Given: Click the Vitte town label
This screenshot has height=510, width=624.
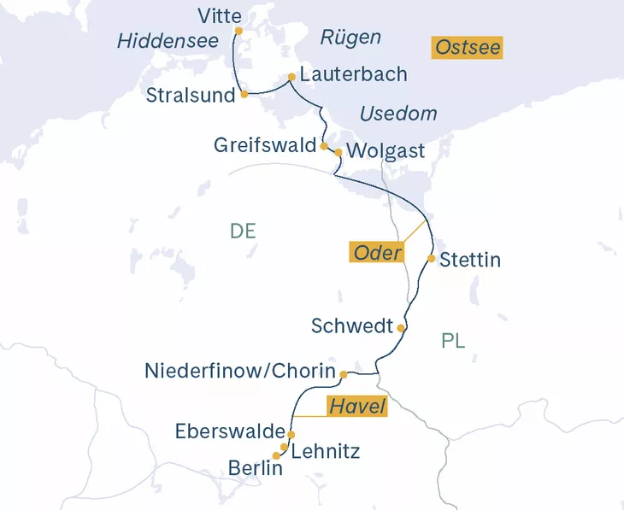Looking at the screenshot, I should (220, 15).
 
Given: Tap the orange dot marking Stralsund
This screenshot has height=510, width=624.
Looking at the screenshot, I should (244, 94).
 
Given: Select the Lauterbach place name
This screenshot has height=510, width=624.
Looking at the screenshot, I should (353, 75).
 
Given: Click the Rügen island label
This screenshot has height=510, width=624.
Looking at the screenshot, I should (350, 38).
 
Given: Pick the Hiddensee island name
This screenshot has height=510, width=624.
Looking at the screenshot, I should (166, 41).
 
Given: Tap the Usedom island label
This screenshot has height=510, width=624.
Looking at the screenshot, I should (398, 114).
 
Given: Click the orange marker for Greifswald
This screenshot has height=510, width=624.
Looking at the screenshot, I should (323, 146).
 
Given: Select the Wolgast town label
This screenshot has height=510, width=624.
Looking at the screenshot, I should (386, 152).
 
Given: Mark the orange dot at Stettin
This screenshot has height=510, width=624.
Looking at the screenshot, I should (432, 258).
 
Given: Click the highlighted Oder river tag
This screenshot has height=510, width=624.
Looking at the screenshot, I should (377, 254).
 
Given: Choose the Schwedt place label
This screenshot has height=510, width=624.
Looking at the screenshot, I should (352, 326).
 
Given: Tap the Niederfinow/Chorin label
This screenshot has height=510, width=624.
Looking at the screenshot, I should (239, 372).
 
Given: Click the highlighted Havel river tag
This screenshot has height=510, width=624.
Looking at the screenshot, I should (356, 406).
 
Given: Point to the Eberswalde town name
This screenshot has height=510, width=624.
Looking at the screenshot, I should (228, 432).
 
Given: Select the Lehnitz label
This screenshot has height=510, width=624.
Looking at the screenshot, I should (326, 452).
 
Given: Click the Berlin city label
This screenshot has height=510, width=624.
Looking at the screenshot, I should (256, 468).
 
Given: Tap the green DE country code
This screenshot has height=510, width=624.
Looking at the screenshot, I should (243, 232).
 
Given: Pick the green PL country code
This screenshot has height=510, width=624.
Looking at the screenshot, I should (454, 342).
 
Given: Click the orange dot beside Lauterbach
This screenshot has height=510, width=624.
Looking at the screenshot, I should (292, 75).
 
